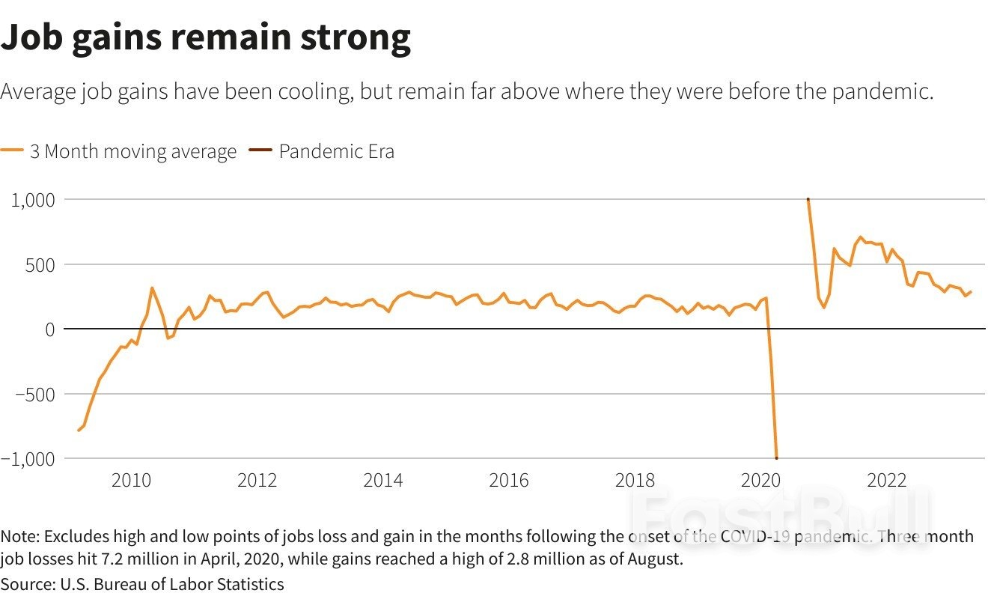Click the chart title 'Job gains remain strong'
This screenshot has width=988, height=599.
pos(206,37)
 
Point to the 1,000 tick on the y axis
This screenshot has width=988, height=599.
pos(31,200)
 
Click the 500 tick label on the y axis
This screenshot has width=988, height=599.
pos(38,264)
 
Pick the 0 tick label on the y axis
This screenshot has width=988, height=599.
pos(49,329)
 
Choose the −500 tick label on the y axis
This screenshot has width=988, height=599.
pos(33,394)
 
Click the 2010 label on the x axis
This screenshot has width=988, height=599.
pos(131,481)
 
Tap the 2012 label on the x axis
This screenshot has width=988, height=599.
pos(257,481)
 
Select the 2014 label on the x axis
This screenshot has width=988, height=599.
pos(382,481)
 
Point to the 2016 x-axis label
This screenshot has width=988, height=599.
pos(508,481)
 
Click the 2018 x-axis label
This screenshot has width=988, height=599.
pos(635,481)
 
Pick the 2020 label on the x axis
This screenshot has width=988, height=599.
pos(760,481)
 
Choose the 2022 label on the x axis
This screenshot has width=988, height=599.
pos(886,481)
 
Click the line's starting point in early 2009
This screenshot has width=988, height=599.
pos(78,430)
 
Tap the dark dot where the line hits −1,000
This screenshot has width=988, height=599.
pos(776,457)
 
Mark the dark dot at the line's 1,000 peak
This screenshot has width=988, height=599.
pos(808,200)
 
